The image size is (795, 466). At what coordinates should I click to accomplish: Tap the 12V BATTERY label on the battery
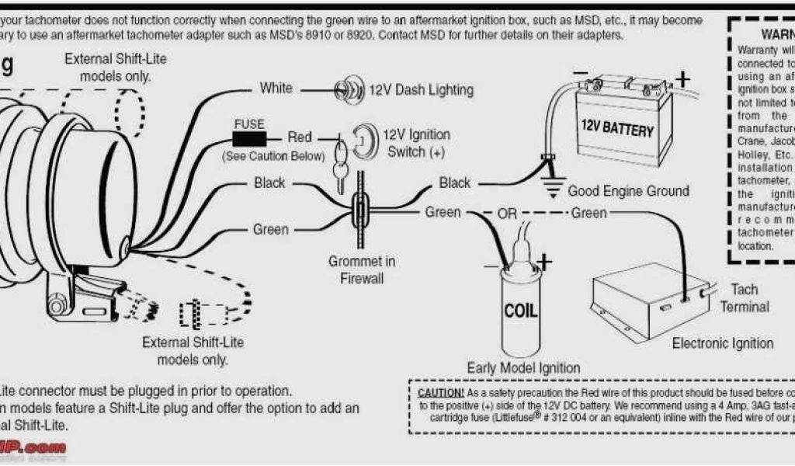pos(617,129)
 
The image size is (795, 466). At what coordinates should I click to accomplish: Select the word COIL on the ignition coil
pos(520,311)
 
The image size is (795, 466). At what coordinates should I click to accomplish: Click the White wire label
pos(276,89)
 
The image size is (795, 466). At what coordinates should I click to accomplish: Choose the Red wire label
pos(299,137)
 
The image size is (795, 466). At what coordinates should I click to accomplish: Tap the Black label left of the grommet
pos(269,183)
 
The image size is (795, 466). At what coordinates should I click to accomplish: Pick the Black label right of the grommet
pos(454,183)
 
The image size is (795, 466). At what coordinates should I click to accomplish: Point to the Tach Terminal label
pos(744,298)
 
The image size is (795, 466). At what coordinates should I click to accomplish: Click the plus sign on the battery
pos(682,79)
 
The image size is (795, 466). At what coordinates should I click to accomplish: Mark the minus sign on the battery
pos(580,75)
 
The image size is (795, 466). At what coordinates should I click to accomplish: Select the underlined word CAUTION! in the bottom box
pos(441,392)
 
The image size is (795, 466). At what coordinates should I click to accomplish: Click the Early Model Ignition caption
pos(522,367)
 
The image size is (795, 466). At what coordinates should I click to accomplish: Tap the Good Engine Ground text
pos(628,191)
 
